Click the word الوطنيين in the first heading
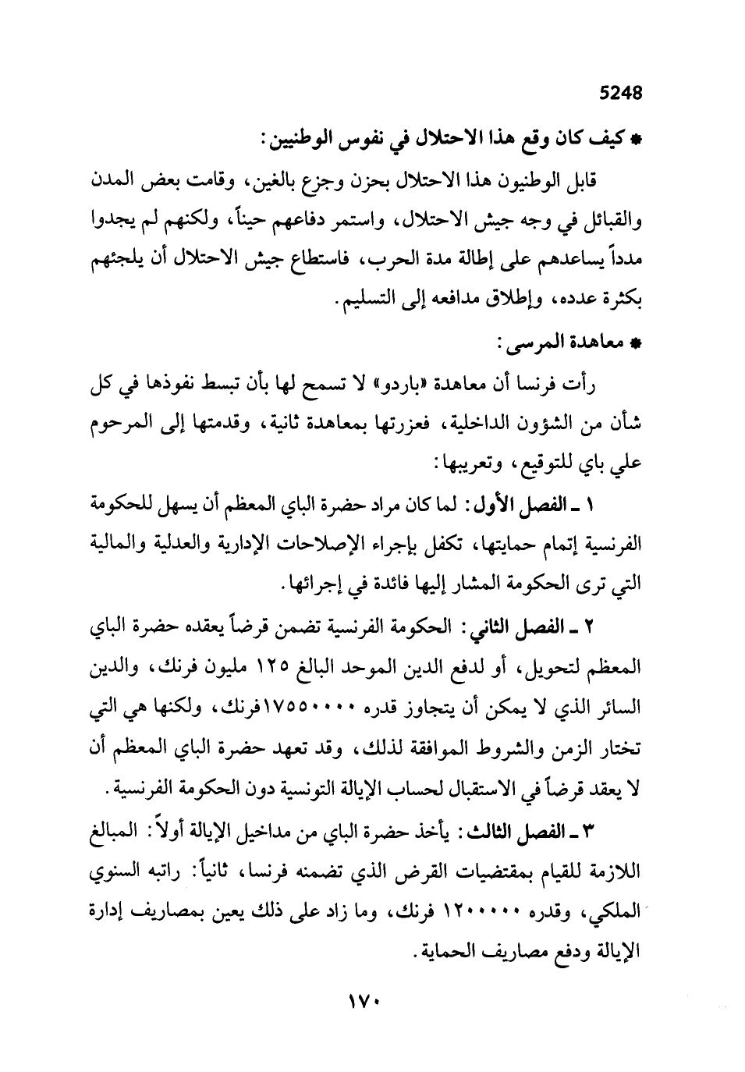point(300,141)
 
